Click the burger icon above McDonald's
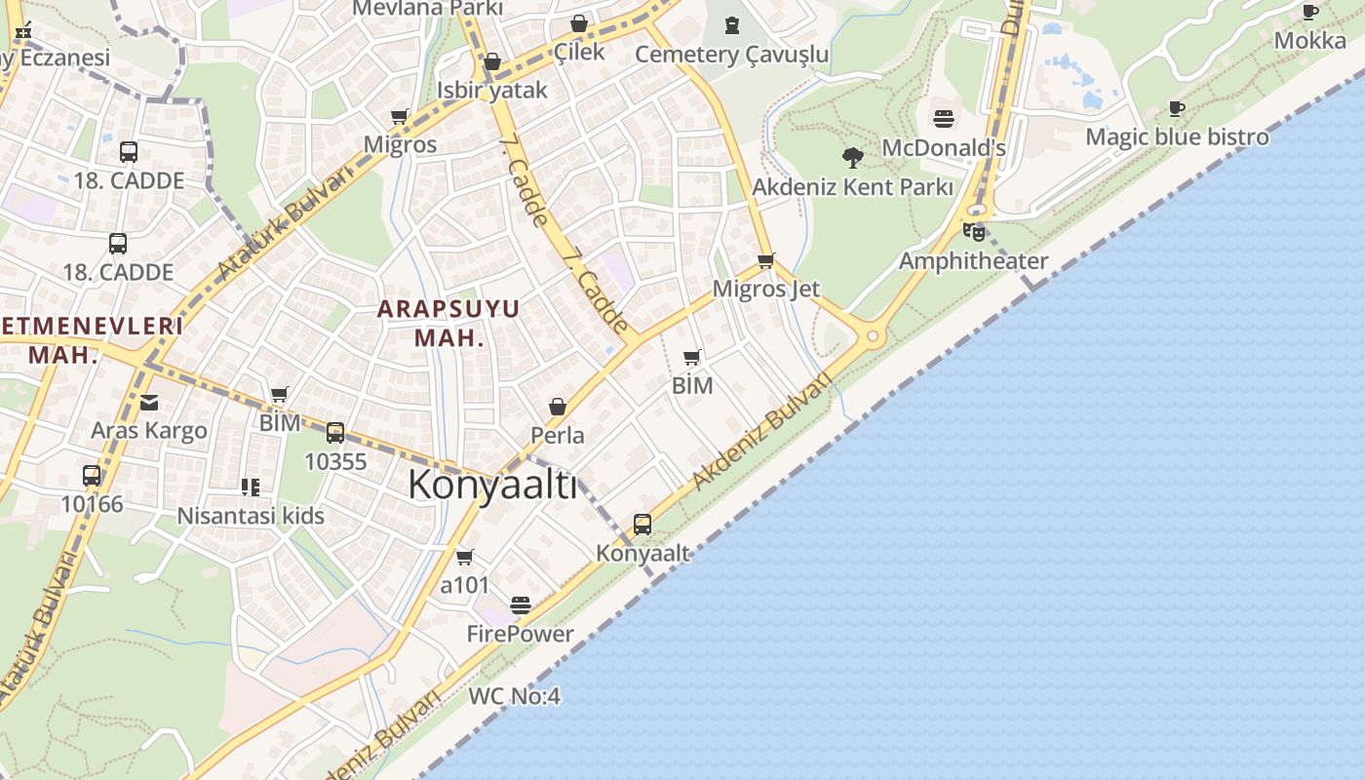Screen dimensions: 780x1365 click(x=943, y=119)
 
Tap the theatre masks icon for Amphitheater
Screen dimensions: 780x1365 click(x=973, y=232)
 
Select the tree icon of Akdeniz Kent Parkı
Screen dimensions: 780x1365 click(x=852, y=156)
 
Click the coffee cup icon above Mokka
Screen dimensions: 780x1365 click(x=1310, y=13)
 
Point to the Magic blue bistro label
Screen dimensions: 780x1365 click(x=1177, y=136)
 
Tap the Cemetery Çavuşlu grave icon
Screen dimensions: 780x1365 click(x=731, y=24)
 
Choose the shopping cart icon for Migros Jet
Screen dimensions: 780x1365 click(x=765, y=260)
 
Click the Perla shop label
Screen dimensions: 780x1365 click(x=558, y=435)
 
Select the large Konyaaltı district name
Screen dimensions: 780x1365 click(x=492, y=485)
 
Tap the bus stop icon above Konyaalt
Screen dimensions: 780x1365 click(x=642, y=525)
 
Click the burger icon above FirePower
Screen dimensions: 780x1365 click(x=521, y=605)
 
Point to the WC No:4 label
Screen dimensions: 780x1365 click(x=514, y=696)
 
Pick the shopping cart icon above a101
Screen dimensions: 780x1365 click(x=465, y=557)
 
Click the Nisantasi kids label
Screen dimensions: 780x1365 click(x=251, y=516)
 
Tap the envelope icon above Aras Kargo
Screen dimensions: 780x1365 click(x=149, y=402)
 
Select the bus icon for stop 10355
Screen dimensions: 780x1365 click(x=335, y=433)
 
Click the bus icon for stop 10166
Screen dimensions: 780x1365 click(x=92, y=476)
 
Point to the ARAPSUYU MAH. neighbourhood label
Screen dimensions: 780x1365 click(x=448, y=323)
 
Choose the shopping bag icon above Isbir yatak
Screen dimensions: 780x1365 click(x=492, y=62)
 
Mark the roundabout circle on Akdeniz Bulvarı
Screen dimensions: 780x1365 click(x=873, y=336)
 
